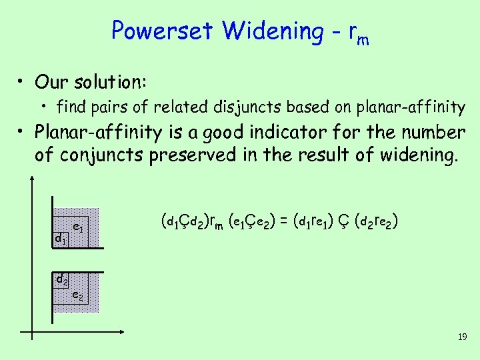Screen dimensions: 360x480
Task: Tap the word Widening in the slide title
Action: point(271,31)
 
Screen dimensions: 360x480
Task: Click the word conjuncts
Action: point(97,156)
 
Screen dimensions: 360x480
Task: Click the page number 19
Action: point(462,338)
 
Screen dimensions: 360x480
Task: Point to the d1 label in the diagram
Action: point(61,238)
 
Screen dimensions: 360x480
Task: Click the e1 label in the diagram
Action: point(78,227)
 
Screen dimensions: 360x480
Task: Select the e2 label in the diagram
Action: point(78,294)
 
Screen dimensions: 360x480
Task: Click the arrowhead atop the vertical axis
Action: point(34,179)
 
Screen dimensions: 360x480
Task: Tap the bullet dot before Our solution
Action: point(23,83)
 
